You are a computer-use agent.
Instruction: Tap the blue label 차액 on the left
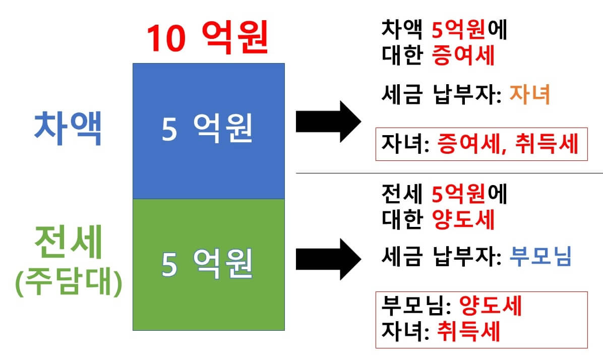(68, 129)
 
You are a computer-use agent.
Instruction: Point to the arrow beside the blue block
(328, 121)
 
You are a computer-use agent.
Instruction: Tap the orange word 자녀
(529, 94)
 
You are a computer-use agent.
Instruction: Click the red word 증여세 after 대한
(463, 56)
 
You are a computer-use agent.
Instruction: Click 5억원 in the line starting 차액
(458, 31)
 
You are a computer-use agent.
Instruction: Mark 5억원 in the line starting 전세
(458, 194)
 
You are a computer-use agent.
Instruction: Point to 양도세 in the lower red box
(490, 306)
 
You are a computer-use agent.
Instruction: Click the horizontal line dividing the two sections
(449, 173)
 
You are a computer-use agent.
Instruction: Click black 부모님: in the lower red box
(417, 306)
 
